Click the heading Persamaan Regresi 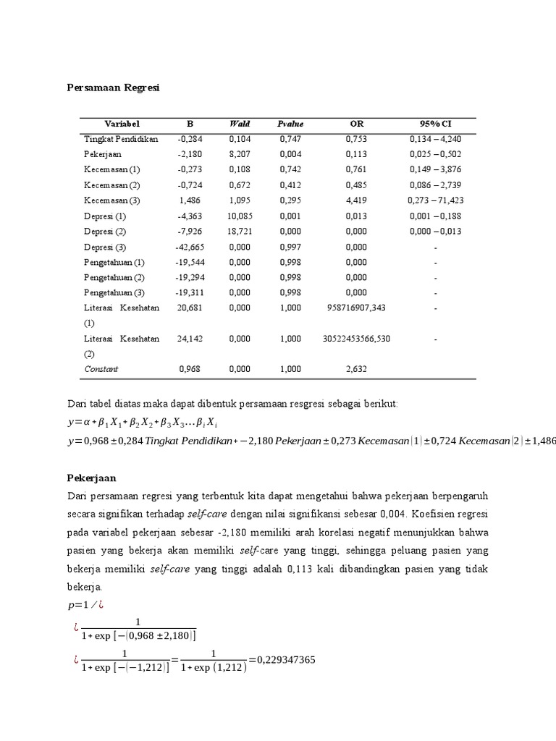coord(114,88)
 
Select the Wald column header coord(239,124)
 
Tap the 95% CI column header coord(435,124)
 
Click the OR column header coord(356,124)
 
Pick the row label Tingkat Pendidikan coord(121,139)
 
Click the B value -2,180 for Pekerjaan coord(190,154)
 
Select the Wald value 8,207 coord(239,154)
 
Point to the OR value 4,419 coord(356,200)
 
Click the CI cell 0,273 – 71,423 coord(436,200)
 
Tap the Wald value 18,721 coord(239,232)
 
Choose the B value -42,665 coord(190,247)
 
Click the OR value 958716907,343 coord(356,308)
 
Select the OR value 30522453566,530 coord(356,339)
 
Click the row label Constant coord(101,369)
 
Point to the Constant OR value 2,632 coord(356,369)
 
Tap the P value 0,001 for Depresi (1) coord(290,216)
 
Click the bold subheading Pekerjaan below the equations coord(91,479)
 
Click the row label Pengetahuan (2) coord(114,277)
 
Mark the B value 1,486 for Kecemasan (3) coord(190,200)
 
